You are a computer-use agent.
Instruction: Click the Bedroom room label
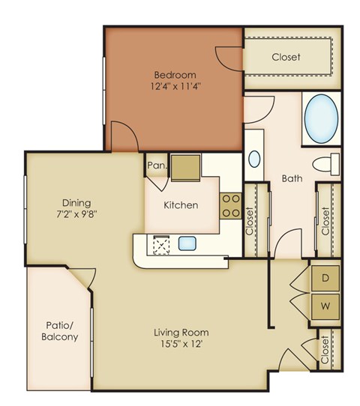click(x=175, y=75)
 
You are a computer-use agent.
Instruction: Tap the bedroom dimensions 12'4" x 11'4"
click(x=175, y=86)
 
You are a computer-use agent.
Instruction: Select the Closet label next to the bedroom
click(x=286, y=57)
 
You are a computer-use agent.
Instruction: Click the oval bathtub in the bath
click(x=321, y=118)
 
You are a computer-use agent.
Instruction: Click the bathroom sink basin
click(x=254, y=158)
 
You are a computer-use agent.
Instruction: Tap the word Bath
click(x=292, y=179)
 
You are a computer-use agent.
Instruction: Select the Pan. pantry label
click(x=157, y=166)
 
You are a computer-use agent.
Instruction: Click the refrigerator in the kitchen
click(x=184, y=167)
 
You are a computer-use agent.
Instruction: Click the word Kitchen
click(x=181, y=204)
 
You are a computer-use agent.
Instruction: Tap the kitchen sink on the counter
click(x=187, y=243)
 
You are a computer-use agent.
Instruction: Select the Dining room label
click(x=76, y=202)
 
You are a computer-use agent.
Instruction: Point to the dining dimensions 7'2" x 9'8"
click(x=76, y=213)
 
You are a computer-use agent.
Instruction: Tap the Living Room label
click(x=181, y=333)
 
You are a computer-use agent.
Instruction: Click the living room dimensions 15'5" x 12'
click(x=181, y=345)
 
